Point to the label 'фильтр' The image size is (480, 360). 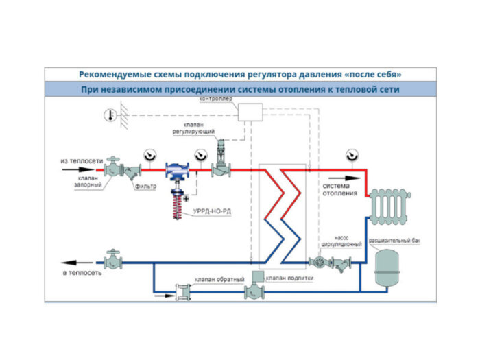coord(145,187)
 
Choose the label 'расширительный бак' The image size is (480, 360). coord(394,241)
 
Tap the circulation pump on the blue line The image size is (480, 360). coord(317,261)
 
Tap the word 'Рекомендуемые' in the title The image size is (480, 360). coord(115,74)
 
